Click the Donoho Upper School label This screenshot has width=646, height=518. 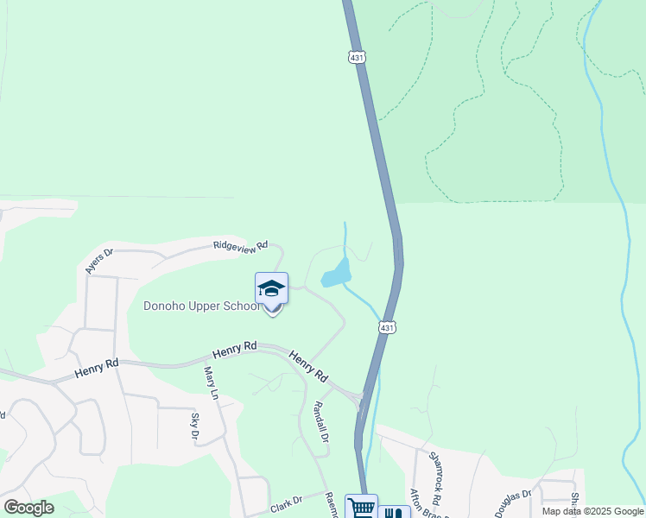tap(201, 306)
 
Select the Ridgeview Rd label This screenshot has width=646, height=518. tap(241, 246)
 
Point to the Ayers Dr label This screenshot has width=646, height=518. tap(99, 262)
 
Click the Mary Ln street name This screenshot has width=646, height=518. tap(210, 383)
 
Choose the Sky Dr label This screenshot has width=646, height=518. tap(194, 426)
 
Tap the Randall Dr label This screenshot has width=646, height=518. tap(320, 422)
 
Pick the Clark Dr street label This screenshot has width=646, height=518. tap(286, 501)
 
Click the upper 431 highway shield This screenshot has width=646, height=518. tap(357, 57)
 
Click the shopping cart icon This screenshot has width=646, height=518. tap(361, 508)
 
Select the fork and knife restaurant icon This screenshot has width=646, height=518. tap(394, 512)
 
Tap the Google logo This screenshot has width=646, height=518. tap(28, 508)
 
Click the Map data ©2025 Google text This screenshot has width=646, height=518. tap(592, 511)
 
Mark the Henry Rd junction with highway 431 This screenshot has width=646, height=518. tap(361, 398)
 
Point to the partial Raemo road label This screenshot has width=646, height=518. tap(330, 506)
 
